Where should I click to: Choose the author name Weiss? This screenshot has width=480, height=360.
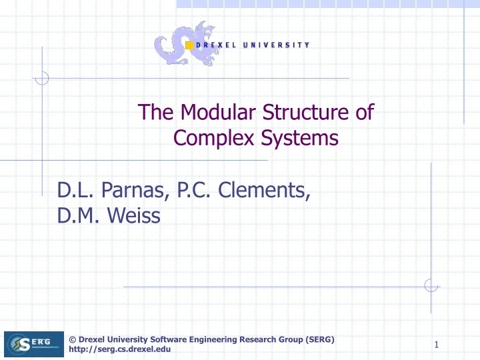pyautogui.click(x=134, y=217)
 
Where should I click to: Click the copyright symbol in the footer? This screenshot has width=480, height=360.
pyautogui.click(x=73, y=339)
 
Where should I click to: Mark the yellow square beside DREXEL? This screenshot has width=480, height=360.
pyautogui.click(x=189, y=45)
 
